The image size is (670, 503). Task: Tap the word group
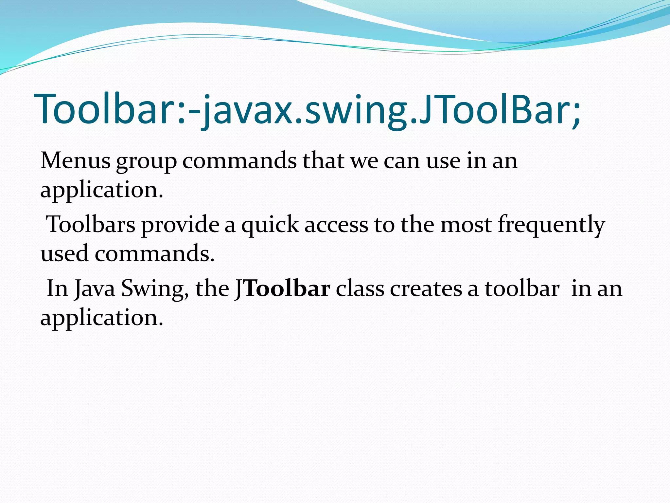(146, 162)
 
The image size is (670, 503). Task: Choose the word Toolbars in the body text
(91, 225)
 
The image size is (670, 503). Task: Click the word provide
(180, 225)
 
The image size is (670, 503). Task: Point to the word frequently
(551, 225)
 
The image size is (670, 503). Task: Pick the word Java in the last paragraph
(95, 289)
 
